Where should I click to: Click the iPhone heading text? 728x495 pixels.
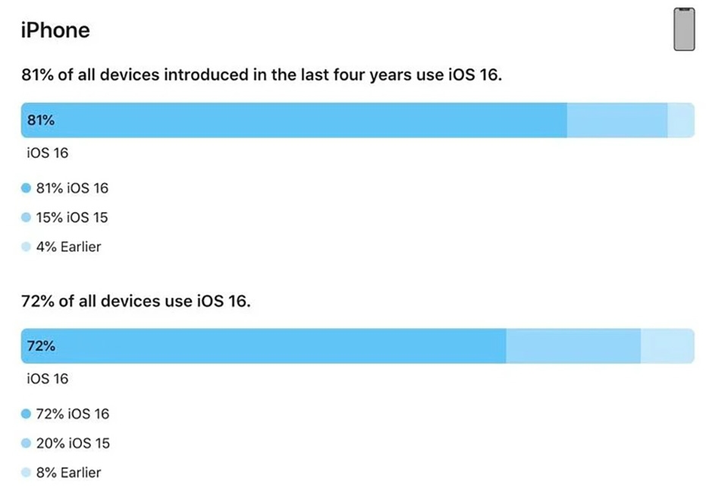(x=55, y=30)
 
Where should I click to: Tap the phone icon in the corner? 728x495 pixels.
(x=684, y=30)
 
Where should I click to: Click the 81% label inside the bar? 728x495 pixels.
(x=41, y=120)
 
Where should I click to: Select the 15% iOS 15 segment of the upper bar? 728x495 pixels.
(x=617, y=120)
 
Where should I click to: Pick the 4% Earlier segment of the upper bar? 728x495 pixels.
(x=680, y=120)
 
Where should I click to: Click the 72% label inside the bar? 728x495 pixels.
(x=41, y=346)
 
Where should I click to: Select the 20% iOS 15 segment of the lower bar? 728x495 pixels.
(x=573, y=346)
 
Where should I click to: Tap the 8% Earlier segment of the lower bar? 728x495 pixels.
(x=667, y=346)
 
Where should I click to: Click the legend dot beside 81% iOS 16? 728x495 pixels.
(x=26, y=188)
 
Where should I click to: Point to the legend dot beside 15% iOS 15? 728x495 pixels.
(x=26, y=218)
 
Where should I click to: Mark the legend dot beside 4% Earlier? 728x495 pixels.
(x=26, y=247)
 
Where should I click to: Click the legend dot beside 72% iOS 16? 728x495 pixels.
(x=26, y=415)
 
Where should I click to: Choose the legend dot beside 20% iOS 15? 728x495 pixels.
(x=26, y=443)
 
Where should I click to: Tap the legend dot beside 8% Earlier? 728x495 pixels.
(x=26, y=472)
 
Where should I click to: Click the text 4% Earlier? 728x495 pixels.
(x=68, y=247)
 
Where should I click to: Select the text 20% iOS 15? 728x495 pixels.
(x=72, y=443)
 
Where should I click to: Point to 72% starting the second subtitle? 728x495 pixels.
(x=37, y=301)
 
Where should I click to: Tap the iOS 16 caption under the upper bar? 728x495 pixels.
(x=47, y=153)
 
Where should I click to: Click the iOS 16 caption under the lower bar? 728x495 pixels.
(x=47, y=379)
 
